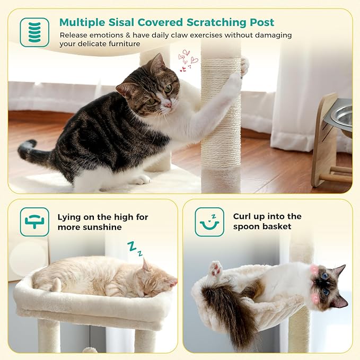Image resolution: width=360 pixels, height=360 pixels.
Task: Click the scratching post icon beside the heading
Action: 34,32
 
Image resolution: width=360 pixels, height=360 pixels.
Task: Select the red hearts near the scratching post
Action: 186,60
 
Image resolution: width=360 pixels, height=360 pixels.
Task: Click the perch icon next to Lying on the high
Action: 34,222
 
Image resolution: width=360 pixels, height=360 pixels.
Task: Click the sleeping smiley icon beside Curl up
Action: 209,222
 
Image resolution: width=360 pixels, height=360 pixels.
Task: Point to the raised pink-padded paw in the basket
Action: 215,269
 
